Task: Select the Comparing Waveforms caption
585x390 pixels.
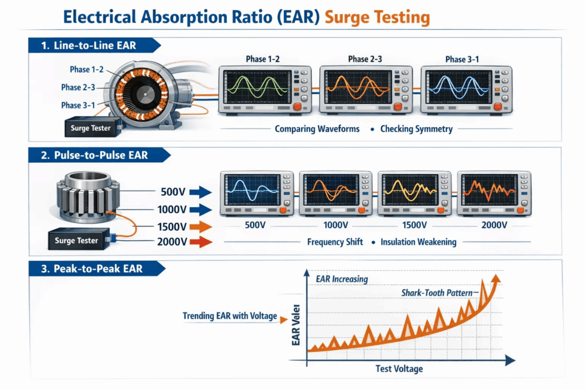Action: click(x=317, y=128)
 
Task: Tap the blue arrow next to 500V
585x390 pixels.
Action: click(x=200, y=191)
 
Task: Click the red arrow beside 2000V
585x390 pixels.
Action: click(x=200, y=242)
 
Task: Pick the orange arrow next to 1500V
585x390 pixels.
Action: click(x=200, y=226)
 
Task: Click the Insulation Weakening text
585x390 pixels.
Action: click(x=418, y=242)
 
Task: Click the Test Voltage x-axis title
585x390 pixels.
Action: click(x=399, y=368)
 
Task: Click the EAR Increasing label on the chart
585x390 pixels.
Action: click(x=342, y=279)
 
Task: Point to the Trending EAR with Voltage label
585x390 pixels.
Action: click(x=229, y=316)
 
